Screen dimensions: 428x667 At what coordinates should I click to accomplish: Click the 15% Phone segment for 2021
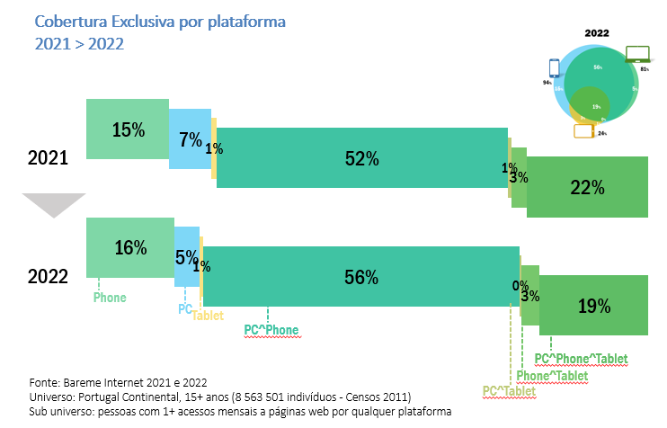pyautogui.click(x=128, y=129)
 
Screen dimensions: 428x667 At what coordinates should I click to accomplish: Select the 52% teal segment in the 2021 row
pyautogui.click(x=361, y=158)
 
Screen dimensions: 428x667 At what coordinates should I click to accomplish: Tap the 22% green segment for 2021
pyautogui.click(x=586, y=186)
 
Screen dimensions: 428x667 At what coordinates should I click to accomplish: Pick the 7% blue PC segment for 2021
pyautogui.click(x=190, y=139)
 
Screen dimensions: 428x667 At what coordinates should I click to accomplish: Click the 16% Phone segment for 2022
pyautogui.click(x=129, y=248)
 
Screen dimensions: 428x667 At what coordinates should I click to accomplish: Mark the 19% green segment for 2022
pyautogui.click(x=593, y=306)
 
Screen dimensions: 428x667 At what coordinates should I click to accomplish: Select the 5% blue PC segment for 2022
pyautogui.click(x=187, y=257)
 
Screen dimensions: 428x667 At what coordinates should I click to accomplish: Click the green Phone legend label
pyautogui.click(x=110, y=298)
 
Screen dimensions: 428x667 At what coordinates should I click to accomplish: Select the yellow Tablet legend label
pyautogui.click(x=208, y=316)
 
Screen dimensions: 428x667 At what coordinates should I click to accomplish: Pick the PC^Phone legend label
pyautogui.click(x=271, y=330)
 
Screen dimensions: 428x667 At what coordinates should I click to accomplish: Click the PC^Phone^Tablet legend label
pyautogui.click(x=587, y=360)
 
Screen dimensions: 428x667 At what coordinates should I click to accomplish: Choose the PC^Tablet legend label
pyautogui.click(x=509, y=391)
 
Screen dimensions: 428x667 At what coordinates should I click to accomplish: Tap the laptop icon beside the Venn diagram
pyautogui.click(x=637, y=53)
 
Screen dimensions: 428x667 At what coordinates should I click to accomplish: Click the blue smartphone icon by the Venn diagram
pyautogui.click(x=554, y=68)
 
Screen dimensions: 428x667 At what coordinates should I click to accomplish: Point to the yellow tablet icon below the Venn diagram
pyautogui.click(x=584, y=131)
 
